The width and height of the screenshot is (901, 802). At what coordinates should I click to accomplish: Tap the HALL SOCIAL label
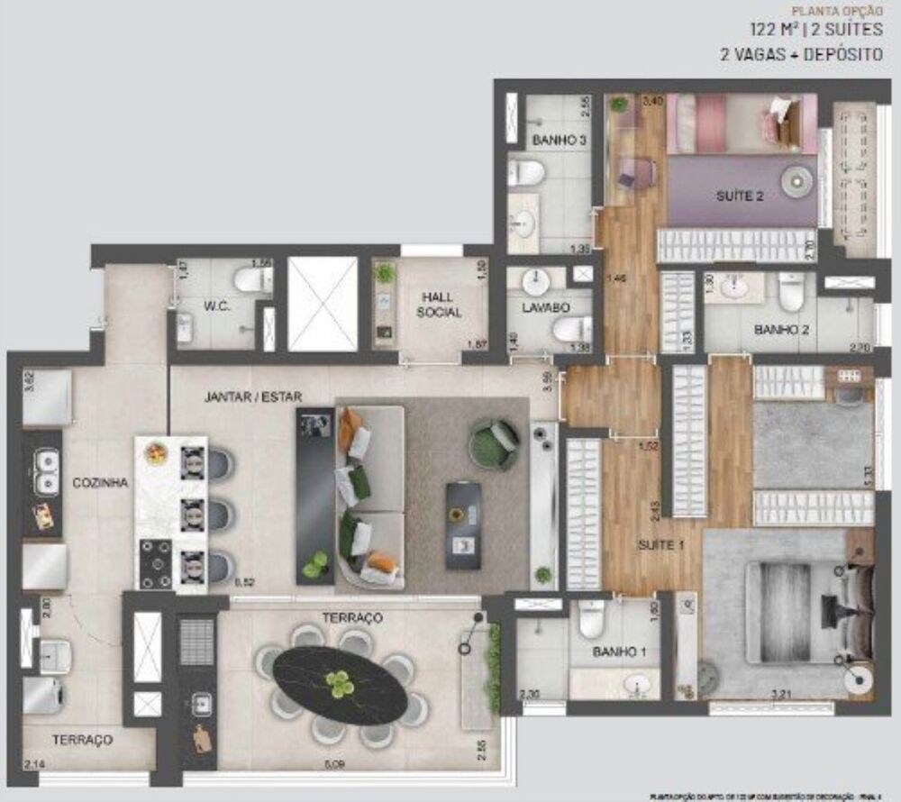[440, 305]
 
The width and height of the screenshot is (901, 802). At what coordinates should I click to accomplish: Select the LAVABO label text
[535, 307]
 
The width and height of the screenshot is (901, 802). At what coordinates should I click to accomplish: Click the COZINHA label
[101, 483]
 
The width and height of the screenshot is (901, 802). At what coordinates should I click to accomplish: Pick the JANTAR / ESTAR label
[252, 396]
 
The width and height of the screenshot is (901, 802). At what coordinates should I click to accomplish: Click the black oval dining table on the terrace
[341, 686]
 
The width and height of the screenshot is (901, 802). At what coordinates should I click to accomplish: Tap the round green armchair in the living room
[494, 443]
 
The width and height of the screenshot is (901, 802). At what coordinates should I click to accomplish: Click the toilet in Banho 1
[591, 620]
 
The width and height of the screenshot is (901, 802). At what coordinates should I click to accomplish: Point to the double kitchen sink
[46, 474]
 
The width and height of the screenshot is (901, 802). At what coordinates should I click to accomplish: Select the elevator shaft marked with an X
[322, 304]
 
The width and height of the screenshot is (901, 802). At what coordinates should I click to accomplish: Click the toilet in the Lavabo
[571, 329]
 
